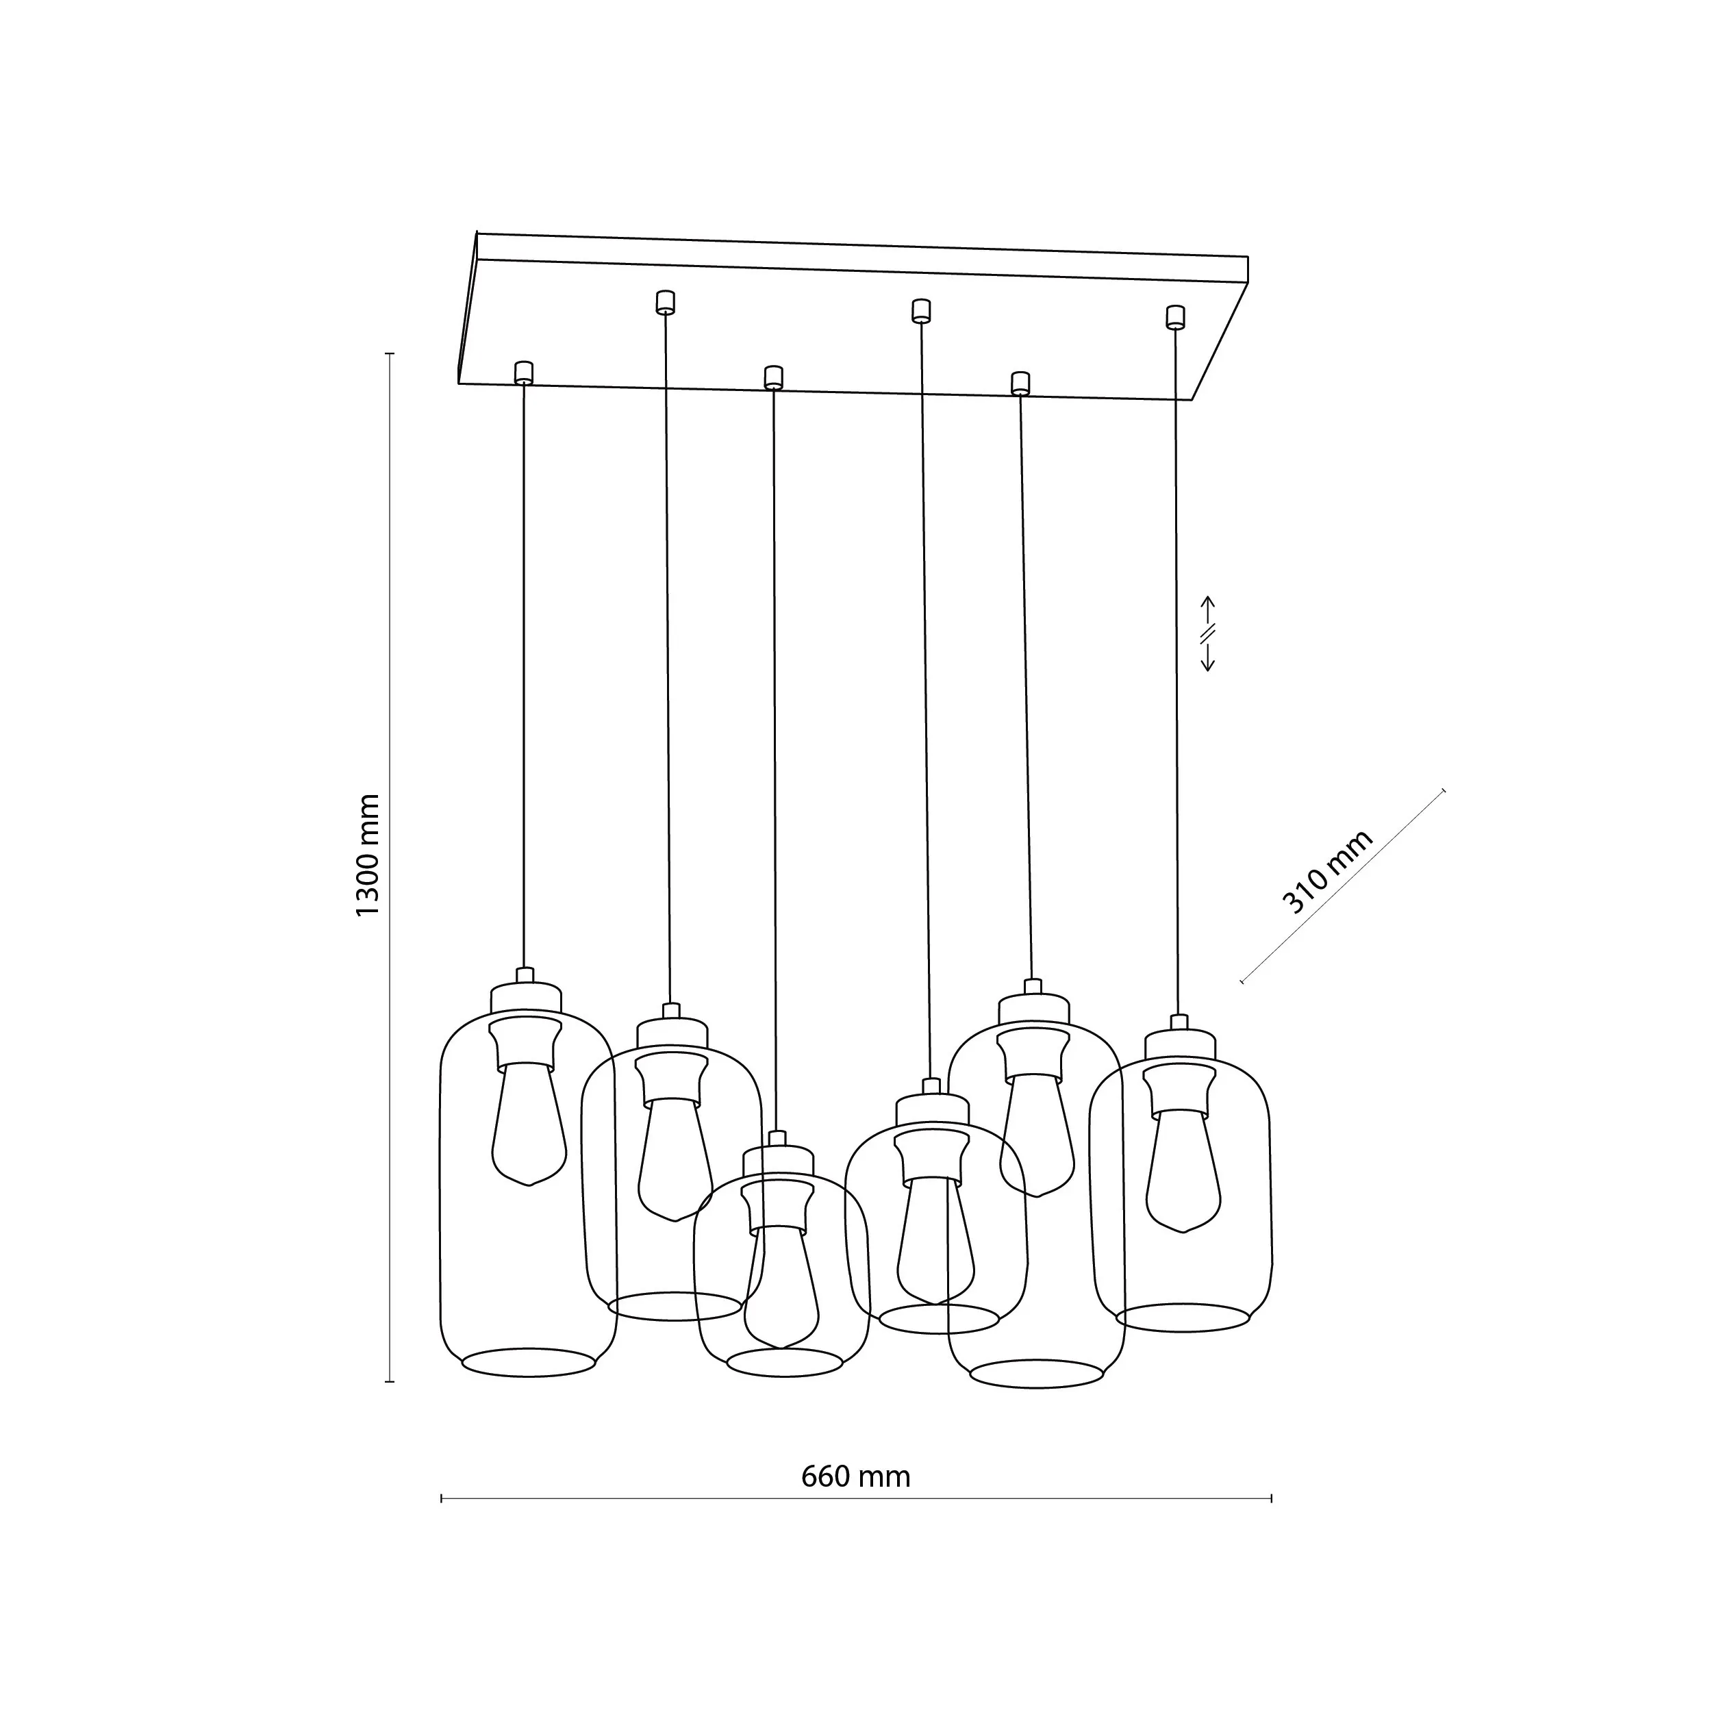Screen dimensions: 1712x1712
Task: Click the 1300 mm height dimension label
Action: click(367, 856)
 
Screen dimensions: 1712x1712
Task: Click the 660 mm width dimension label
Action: click(855, 1477)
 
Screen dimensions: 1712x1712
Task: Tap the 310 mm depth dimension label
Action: click(1326, 872)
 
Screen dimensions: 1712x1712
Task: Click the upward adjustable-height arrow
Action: click(1207, 611)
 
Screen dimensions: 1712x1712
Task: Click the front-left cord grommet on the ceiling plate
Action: click(524, 372)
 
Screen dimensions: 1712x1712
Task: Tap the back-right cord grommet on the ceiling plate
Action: click(1175, 317)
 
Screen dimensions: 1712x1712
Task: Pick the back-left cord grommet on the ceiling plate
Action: click(664, 302)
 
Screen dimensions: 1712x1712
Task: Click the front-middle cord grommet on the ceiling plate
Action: click(774, 377)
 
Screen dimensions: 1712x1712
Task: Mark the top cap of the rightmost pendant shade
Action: click(1179, 1044)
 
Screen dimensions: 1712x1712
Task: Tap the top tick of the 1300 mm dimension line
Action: click(389, 353)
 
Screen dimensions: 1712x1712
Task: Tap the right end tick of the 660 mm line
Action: click(1272, 1498)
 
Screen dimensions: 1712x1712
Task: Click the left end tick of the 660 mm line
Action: click(441, 1498)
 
